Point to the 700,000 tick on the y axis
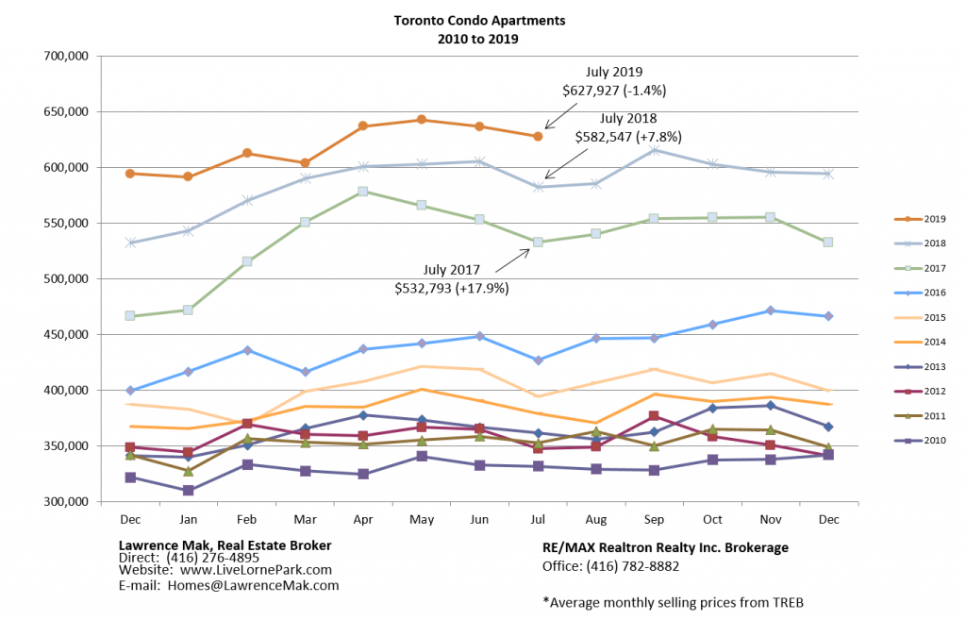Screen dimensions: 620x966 66,57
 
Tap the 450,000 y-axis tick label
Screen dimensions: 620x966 66,335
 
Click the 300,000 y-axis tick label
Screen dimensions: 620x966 66,502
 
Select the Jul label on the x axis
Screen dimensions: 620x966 537,520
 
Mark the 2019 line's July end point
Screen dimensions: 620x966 538,137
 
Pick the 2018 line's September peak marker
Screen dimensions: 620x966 654,150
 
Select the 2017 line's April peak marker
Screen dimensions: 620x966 363,192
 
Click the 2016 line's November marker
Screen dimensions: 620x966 770,310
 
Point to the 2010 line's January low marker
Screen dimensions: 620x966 189,491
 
